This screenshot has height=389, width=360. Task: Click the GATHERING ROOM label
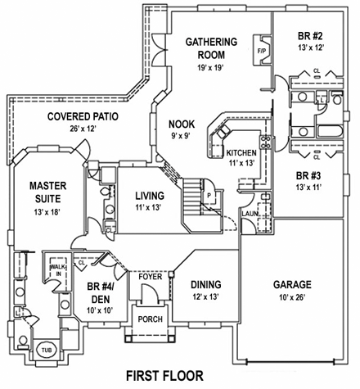click(210, 48)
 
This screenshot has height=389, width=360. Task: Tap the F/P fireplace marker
click(263, 51)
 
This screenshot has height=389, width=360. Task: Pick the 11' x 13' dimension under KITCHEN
click(241, 164)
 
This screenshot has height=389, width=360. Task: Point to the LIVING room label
click(150, 196)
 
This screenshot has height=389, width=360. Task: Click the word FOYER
click(150, 278)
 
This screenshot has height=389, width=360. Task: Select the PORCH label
click(150, 320)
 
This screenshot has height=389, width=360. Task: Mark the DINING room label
click(205, 285)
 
